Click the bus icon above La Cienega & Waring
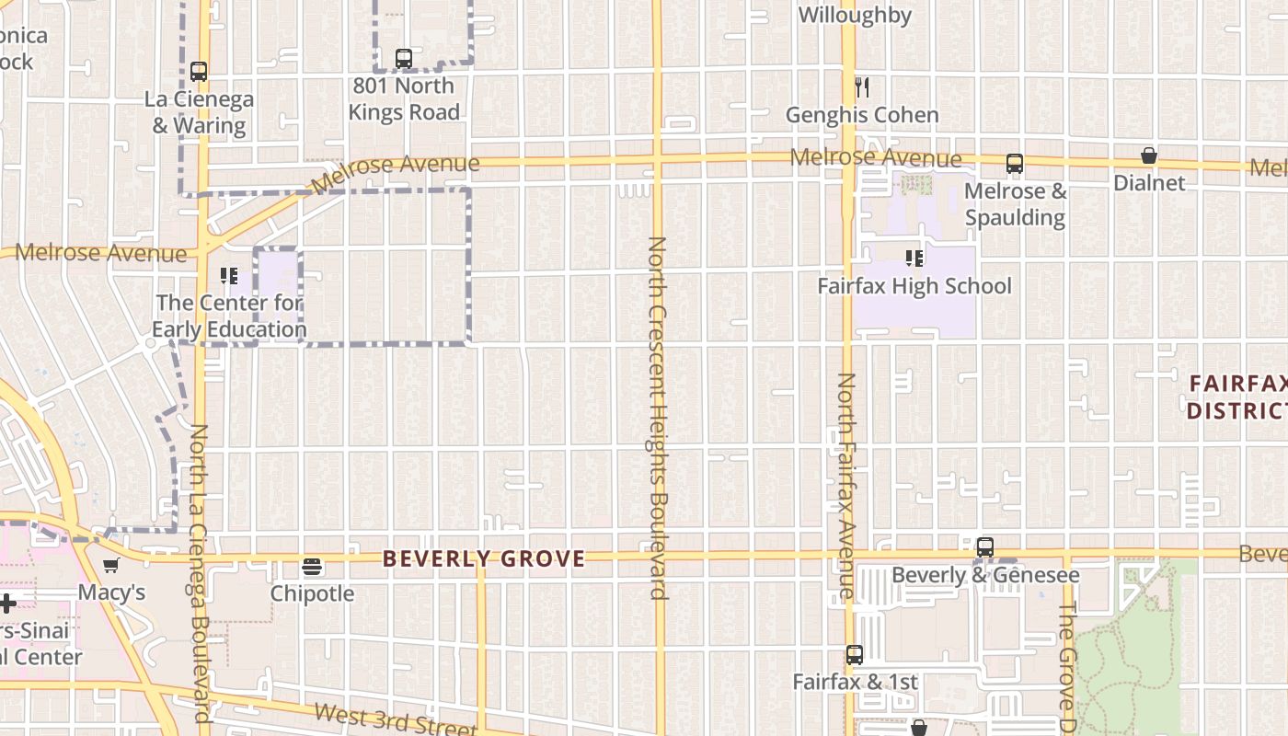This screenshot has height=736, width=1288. coord(199,71)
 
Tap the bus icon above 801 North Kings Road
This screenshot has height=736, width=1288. coord(403,58)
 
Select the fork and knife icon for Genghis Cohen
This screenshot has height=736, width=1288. coord(862,87)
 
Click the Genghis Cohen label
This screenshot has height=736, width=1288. coord(862,115)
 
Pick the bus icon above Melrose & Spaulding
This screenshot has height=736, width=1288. coord(1015,164)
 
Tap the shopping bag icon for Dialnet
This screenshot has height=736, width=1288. coord(1149,155)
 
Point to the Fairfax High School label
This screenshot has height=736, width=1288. coord(914,286)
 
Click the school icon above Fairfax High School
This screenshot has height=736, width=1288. coord(914,259)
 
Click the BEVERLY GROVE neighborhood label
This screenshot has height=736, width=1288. coord(484,558)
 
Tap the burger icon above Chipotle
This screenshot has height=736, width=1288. coord(312,566)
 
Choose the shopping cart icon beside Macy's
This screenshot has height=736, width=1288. coord(111,565)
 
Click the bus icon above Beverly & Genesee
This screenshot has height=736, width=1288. coord(985,547)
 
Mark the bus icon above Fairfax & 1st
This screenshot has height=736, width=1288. coord(855,655)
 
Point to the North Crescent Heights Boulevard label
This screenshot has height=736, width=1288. coord(657,418)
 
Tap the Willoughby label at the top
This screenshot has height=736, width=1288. coord(855,15)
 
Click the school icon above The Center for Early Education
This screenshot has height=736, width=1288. coord(229,275)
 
